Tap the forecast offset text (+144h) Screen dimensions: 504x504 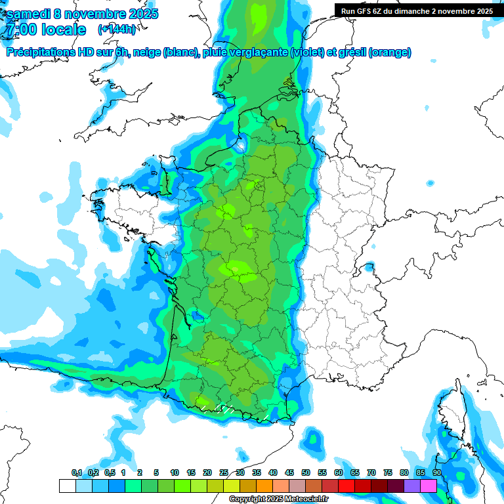pyautogui.click(x=116, y=30)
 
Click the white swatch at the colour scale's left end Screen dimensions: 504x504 pyautogui.click(x=67, y=486)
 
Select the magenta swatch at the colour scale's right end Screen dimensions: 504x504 pyautogui.click(x=429, y=486)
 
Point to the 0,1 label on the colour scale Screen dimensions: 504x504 pyautogui.click(x=77, y=473)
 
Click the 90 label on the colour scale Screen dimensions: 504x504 pyautogui.click(x=436, y=473)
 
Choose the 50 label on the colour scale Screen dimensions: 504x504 pyautogui.click(x=306, y=473)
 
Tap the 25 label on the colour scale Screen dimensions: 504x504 pyautogui.click(x=224, y=473)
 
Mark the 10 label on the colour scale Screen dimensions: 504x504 pyautogui.click(x=175, y=473)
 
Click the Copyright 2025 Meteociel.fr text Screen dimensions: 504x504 pyautogui.click(x=278, y=499)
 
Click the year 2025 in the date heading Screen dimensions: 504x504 pyautogui.click(x=139, y=14)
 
